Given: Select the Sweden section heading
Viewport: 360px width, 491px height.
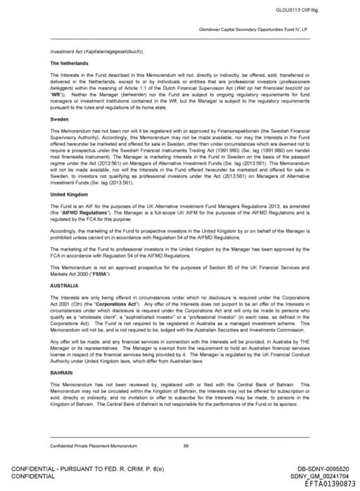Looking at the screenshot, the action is [x=58, y=119].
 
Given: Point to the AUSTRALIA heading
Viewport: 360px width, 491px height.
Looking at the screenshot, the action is [x=64, y=286].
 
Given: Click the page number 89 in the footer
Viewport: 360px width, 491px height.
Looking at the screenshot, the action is [x=186, y=446].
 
